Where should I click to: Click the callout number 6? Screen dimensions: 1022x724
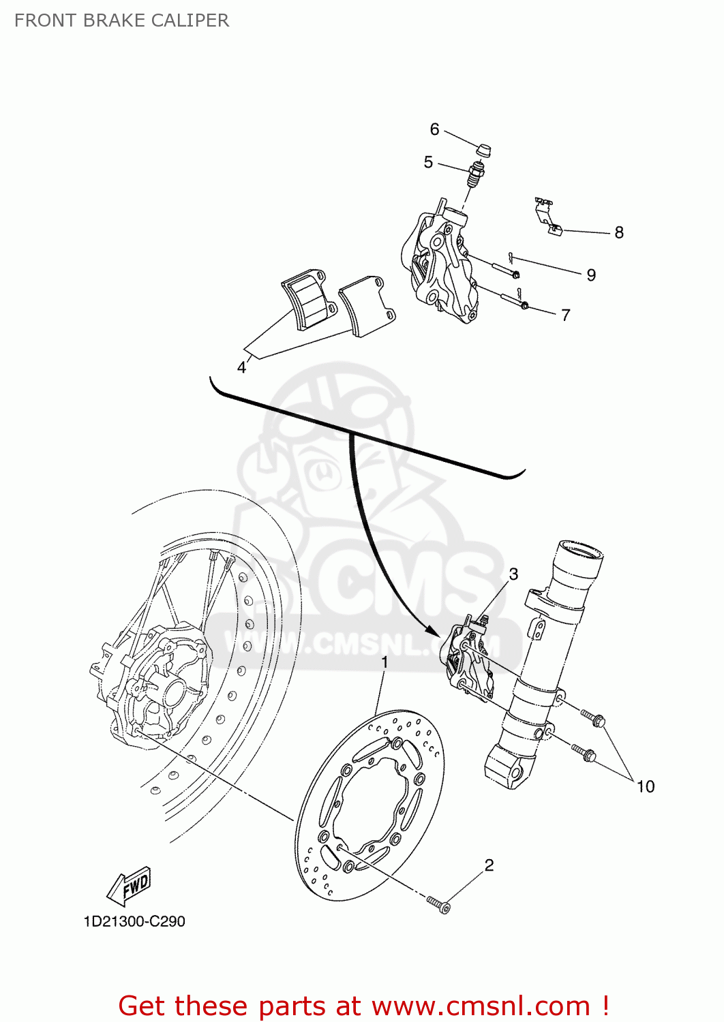click(x=434, y=129)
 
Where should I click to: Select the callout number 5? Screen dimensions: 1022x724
click(x=428, y=162)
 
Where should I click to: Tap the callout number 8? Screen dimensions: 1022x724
click(x=619, y=233)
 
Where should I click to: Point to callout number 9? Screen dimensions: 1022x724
click(x=591, y=275)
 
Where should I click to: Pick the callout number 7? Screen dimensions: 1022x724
click(x=566, y=315)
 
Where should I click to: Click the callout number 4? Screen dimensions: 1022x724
click(x=241, y=368)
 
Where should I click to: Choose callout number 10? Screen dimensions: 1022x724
click(x=645, y=787)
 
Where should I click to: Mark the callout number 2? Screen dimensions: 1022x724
click(x=489, y=865)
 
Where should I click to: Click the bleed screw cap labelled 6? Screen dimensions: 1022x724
click(x=483, y=150)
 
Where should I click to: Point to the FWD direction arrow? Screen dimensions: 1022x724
click(x=130, y=886)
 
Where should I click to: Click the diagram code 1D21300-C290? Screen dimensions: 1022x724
click(x=134, y=922)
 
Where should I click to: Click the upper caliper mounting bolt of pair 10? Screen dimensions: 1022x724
click(x=593, y=718)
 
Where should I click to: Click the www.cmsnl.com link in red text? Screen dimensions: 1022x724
click(x=481, y=1006)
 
